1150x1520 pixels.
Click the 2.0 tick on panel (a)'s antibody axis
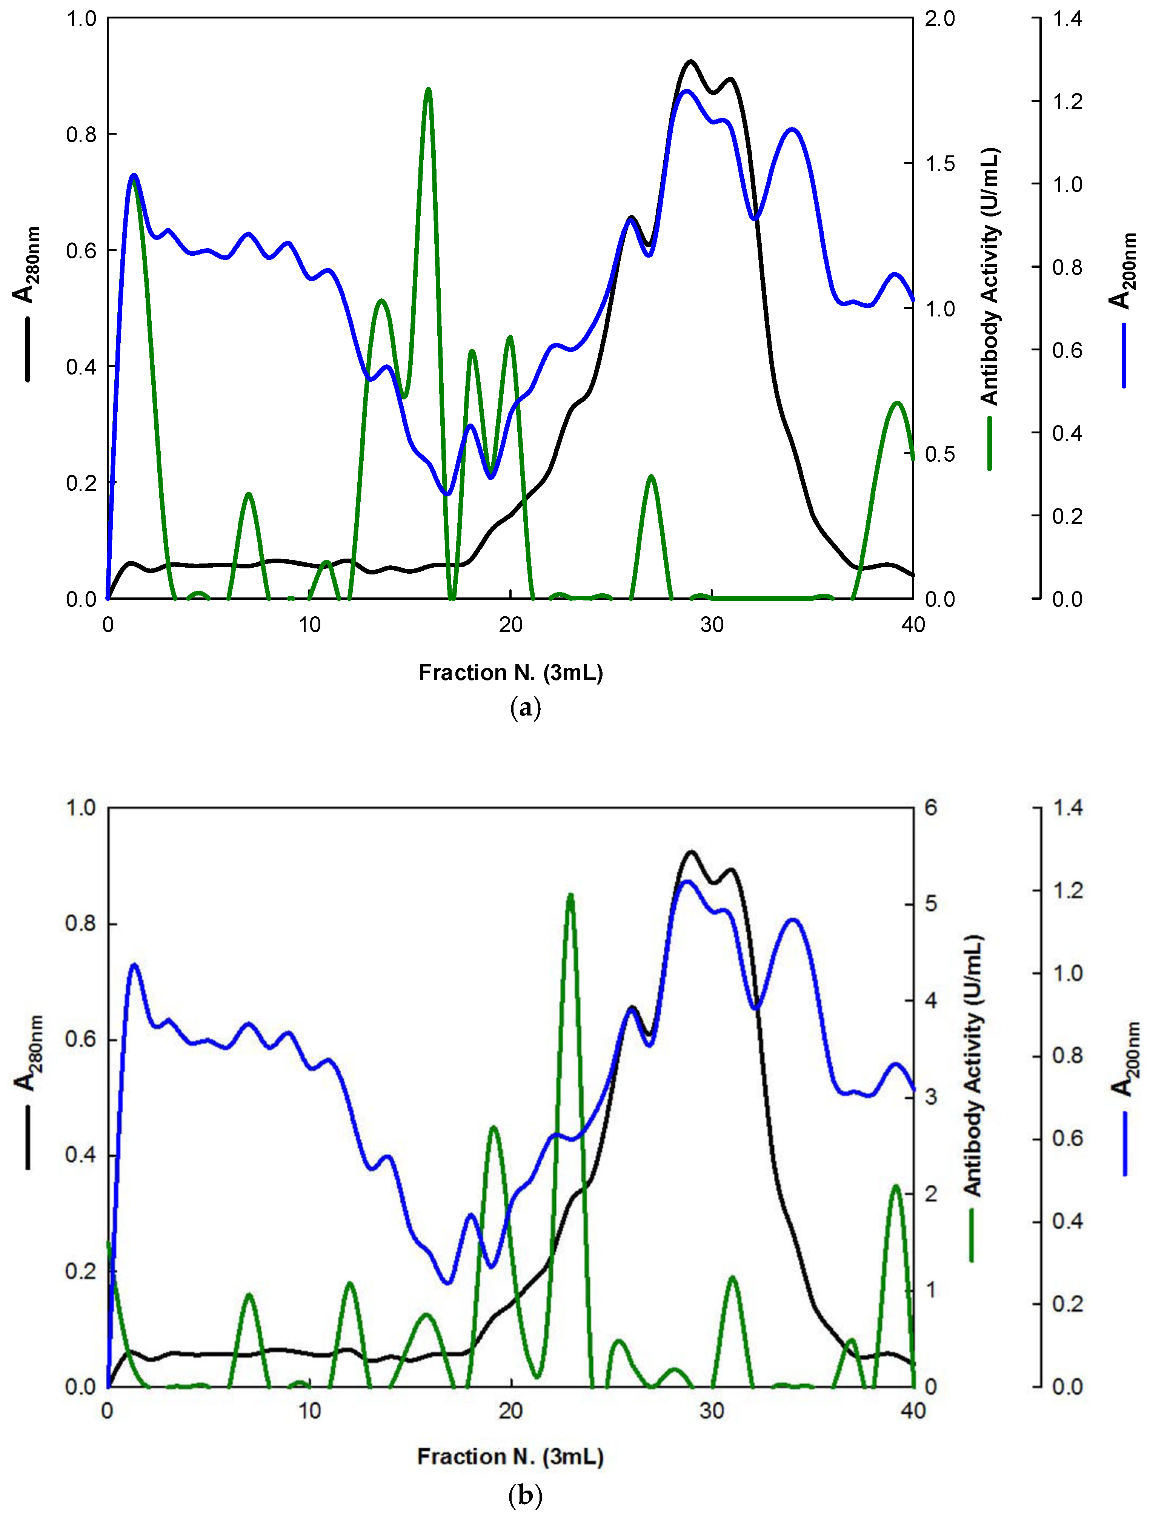point(939,19)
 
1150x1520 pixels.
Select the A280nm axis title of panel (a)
point(26,264)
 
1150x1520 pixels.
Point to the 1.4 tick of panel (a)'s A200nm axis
point(1067,19)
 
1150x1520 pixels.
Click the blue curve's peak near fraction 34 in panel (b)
point(793,920)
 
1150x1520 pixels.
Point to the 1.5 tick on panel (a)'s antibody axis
point(939,164)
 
